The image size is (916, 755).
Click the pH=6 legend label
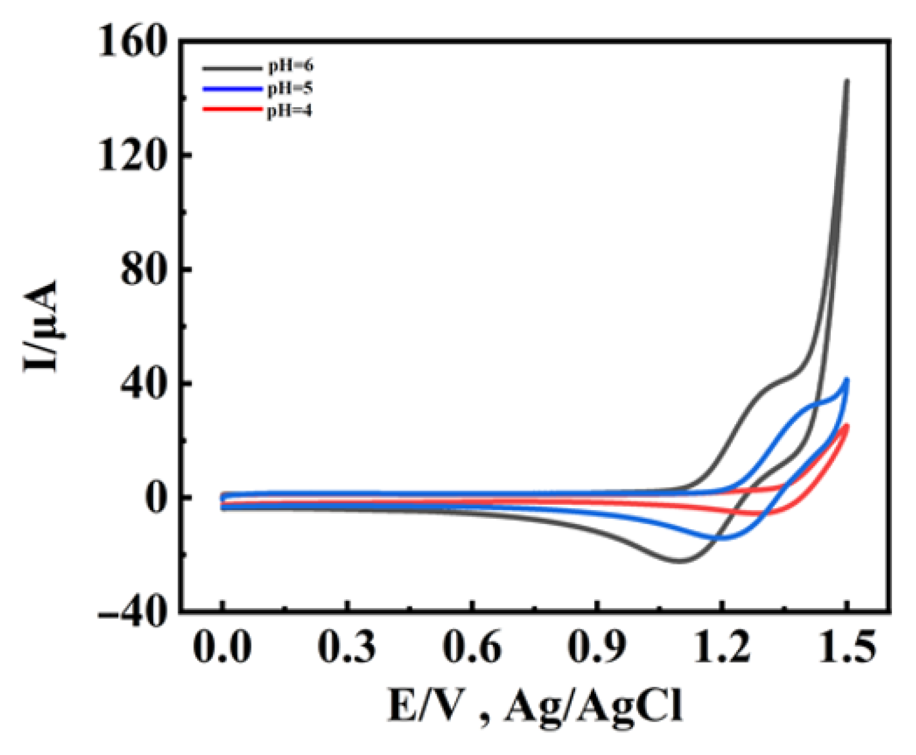pyautogui.click(x=290, y=66)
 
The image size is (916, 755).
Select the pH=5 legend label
pyautogui.click(x=290, y=88)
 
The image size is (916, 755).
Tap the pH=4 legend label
pyautogui.click(x=289, y=110)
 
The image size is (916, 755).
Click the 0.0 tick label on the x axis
pyautogui.click(x=223, y=648)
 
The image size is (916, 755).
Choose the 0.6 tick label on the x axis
pyautogui.click(x=472, y=648)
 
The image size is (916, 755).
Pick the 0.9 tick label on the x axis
pyautogui.click(x=597, y=648)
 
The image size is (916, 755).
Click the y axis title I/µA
pyautogui.click(x=42, y=326)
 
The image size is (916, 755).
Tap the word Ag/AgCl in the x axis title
pyautogui.click(x=594, y=706)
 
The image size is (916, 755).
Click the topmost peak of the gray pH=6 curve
pyautogui.click(x=846, y=81)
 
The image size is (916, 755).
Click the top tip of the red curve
pyautogui.click(x=846, y=426)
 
